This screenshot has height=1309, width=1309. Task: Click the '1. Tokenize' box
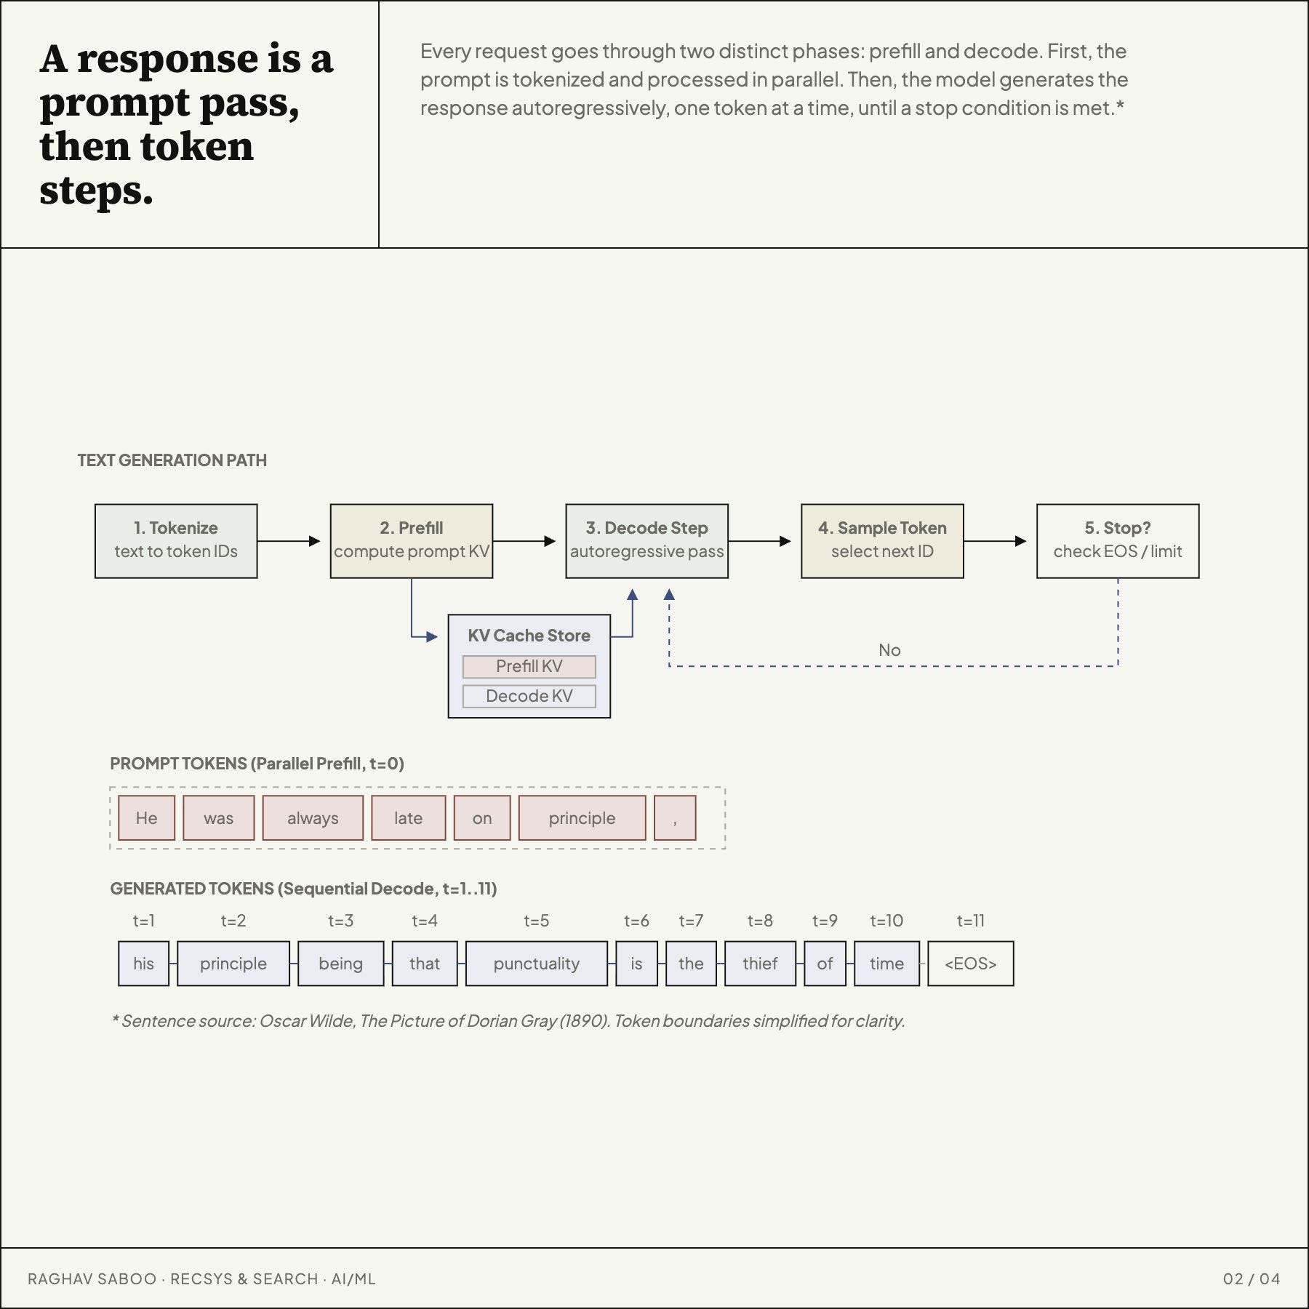click(176, 541)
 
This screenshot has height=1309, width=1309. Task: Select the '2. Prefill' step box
click(412, 541)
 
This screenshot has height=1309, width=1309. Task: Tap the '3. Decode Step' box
click(647, 541)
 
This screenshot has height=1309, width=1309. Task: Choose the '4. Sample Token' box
click(882, 541)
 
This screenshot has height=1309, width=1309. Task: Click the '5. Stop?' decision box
click(1118, 541)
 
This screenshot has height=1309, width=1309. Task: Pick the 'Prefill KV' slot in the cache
click(529, 666)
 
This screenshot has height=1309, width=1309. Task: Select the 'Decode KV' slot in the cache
click(529, 696)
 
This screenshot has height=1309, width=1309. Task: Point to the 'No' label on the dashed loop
click(889, 650)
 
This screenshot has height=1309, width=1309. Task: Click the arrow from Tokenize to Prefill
click(289, 541)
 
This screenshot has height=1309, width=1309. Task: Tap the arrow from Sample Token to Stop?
click(996, 541)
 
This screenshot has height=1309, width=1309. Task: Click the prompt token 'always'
click(313, 818)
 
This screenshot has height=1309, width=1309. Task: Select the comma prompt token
click(675, 818)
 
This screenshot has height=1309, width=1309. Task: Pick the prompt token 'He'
click(146, 818)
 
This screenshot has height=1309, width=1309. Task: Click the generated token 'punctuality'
click(537, 964)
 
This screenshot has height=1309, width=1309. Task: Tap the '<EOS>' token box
click(971, 964)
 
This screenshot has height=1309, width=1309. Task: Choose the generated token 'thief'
click(760, 964)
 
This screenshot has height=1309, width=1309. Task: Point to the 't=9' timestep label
click(825, 921)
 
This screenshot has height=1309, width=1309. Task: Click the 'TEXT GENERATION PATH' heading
click(172, 460)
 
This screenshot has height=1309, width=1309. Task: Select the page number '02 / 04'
click(1252, 1279)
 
